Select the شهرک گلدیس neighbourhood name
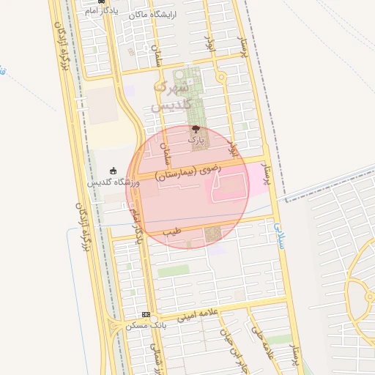pos(171,95)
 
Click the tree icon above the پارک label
pos(194,128)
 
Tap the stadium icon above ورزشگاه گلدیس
pos(113,171)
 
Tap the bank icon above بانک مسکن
pos(145,314)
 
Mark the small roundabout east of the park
pos(220,76)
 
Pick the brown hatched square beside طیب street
pos(213,234)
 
